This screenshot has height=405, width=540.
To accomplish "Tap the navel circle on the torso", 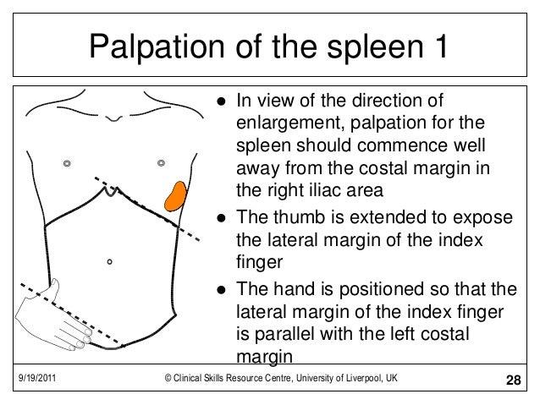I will pyautogui.click(x=110, y=262).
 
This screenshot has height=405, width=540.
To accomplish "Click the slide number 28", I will pyautogui.click(x=513, y=377).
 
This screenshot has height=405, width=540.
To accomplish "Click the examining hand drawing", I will pyautogui.click(x=68, y=317).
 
